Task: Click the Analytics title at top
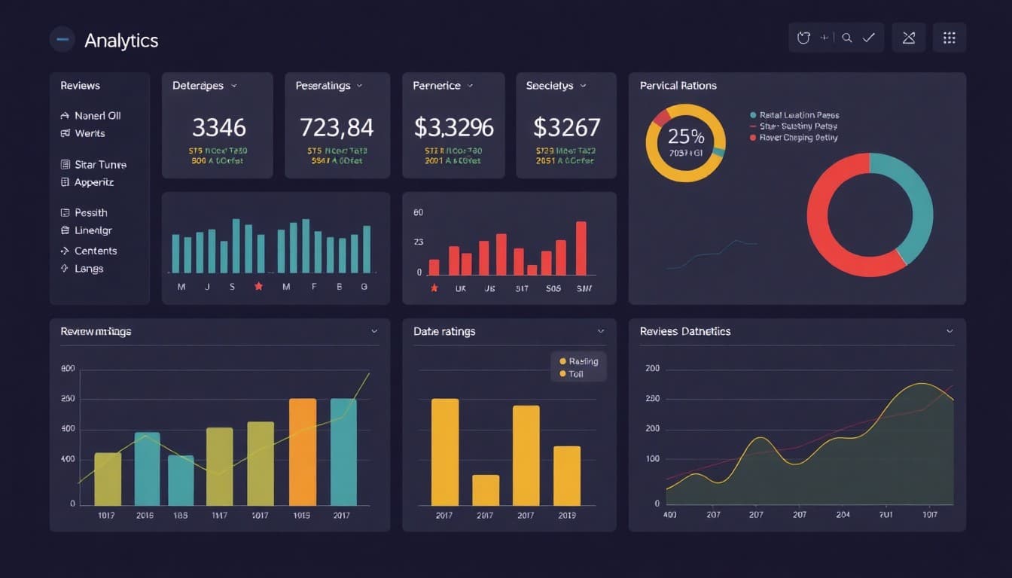121,41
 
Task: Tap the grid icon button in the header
949,38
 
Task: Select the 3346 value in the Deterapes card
218,127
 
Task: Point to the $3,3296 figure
453,127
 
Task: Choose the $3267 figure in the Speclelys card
566,127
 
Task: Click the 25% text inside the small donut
686,137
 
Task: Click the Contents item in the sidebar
96,251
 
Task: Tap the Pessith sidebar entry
91,213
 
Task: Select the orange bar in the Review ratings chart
303,452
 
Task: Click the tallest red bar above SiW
581,248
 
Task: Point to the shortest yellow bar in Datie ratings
486,490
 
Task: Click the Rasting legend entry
583,361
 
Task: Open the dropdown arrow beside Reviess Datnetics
950,331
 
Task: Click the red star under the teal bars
259,287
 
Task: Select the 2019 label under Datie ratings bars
566,516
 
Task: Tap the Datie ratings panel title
444,331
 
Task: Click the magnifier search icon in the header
847,38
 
